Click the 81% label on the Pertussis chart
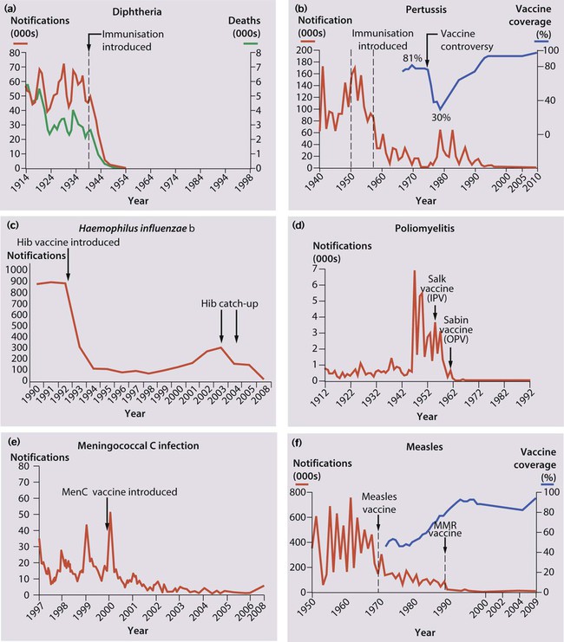pyautogui.click(x=411, y=58)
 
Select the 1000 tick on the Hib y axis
pyautogui.click(x=16, y=269)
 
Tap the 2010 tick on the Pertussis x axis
pyautogui.click(x=534, y=185)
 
